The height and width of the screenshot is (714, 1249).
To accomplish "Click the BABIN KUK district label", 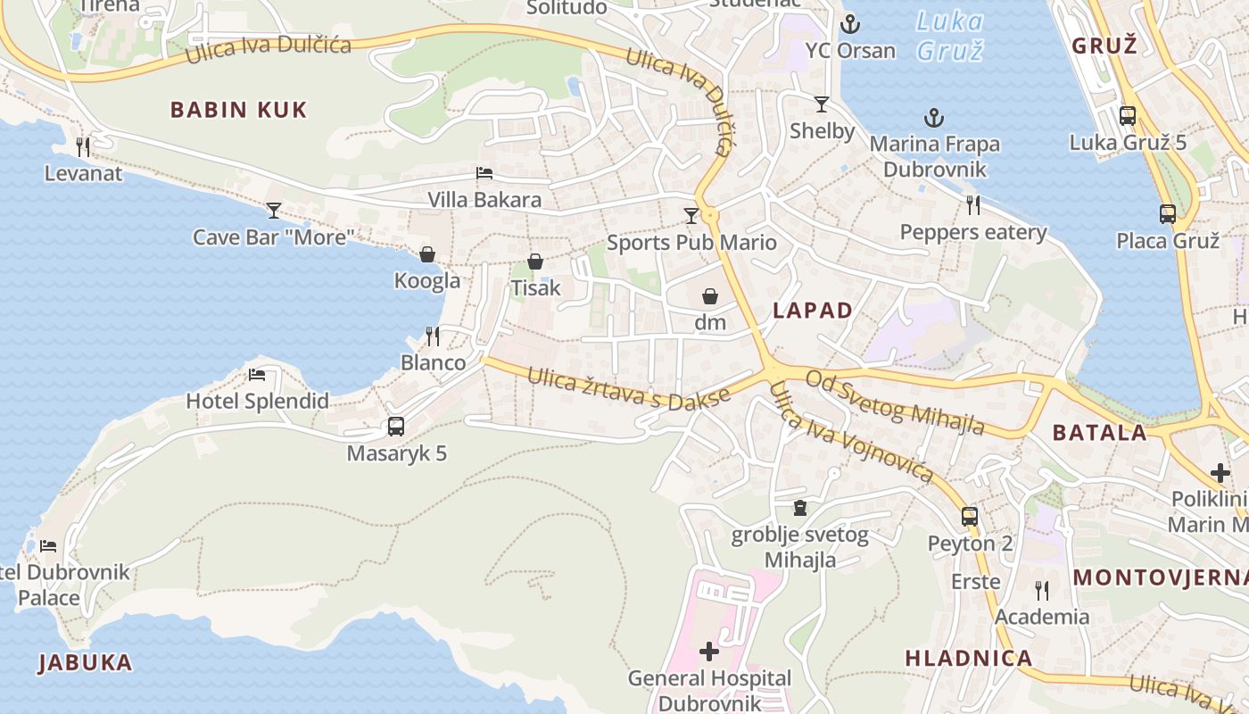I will click(238, 110).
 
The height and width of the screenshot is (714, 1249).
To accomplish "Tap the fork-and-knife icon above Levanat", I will click(83, 146).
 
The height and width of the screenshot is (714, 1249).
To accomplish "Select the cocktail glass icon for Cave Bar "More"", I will click(274, 211).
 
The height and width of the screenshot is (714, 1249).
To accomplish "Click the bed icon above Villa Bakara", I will click(484, 173).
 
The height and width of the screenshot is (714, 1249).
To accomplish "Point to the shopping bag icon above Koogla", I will click(427, 254).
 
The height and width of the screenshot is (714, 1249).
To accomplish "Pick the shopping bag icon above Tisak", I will click(535, 262).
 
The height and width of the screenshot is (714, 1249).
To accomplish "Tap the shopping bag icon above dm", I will click(710, 296).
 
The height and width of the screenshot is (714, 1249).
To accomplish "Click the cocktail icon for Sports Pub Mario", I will click(691, 215).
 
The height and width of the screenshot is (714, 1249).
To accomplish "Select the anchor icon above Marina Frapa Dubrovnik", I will click(934, 118).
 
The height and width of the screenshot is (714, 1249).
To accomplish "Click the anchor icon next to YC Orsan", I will click(850, 24).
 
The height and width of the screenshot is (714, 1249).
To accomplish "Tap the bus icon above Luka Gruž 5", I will click(1128, 115).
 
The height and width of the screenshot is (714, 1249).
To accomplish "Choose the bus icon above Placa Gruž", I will click(1168, 214).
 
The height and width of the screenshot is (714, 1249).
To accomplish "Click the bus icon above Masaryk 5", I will click(396, 427).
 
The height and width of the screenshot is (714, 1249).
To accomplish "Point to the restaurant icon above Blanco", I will click(433, 336).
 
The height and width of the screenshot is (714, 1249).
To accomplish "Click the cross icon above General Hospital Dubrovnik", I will click(709, 652).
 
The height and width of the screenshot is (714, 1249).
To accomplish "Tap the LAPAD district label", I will click(813, 311).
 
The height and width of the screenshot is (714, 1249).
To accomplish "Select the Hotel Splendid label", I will click(257, 401).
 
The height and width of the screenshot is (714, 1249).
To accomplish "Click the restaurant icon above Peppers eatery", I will click(973, 205).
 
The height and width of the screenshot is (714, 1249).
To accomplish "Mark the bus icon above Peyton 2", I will click(970, 516).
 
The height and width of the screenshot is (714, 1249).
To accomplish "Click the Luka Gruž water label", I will click(950, 36).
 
